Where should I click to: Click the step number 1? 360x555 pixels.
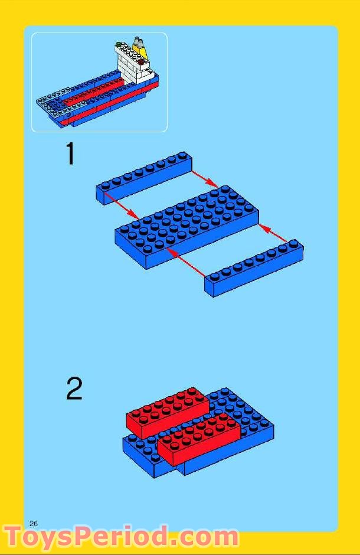(70, 155)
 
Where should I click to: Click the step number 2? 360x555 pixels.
(74, 389)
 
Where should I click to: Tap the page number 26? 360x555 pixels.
(34, 523)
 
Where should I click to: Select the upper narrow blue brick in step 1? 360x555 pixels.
(144, 178)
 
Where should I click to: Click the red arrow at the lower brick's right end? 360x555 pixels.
(275, 233)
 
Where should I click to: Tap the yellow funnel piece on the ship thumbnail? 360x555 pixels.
(140, 48)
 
